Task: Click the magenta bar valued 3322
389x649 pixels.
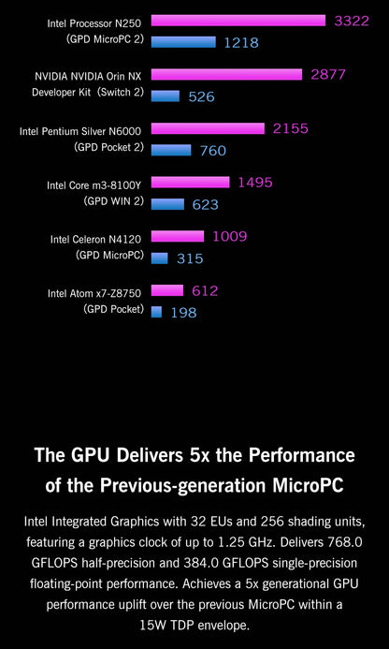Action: coord(238,21)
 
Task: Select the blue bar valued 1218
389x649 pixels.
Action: coord(183,41)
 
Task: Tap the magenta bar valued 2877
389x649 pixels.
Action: coord(226,74)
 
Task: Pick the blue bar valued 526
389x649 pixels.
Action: coord(165,95)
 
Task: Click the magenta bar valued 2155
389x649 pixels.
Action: coord(208,128)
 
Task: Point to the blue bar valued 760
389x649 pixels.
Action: coord(170,149)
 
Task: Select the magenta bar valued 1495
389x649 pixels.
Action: coord(190,183)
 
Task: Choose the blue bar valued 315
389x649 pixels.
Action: coord(159,258)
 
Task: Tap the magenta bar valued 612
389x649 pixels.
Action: coord(166,290)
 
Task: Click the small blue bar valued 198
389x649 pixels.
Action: coord(156,311)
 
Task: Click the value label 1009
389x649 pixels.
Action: coord(230,237)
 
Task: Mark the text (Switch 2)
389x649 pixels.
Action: coord(122,93)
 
